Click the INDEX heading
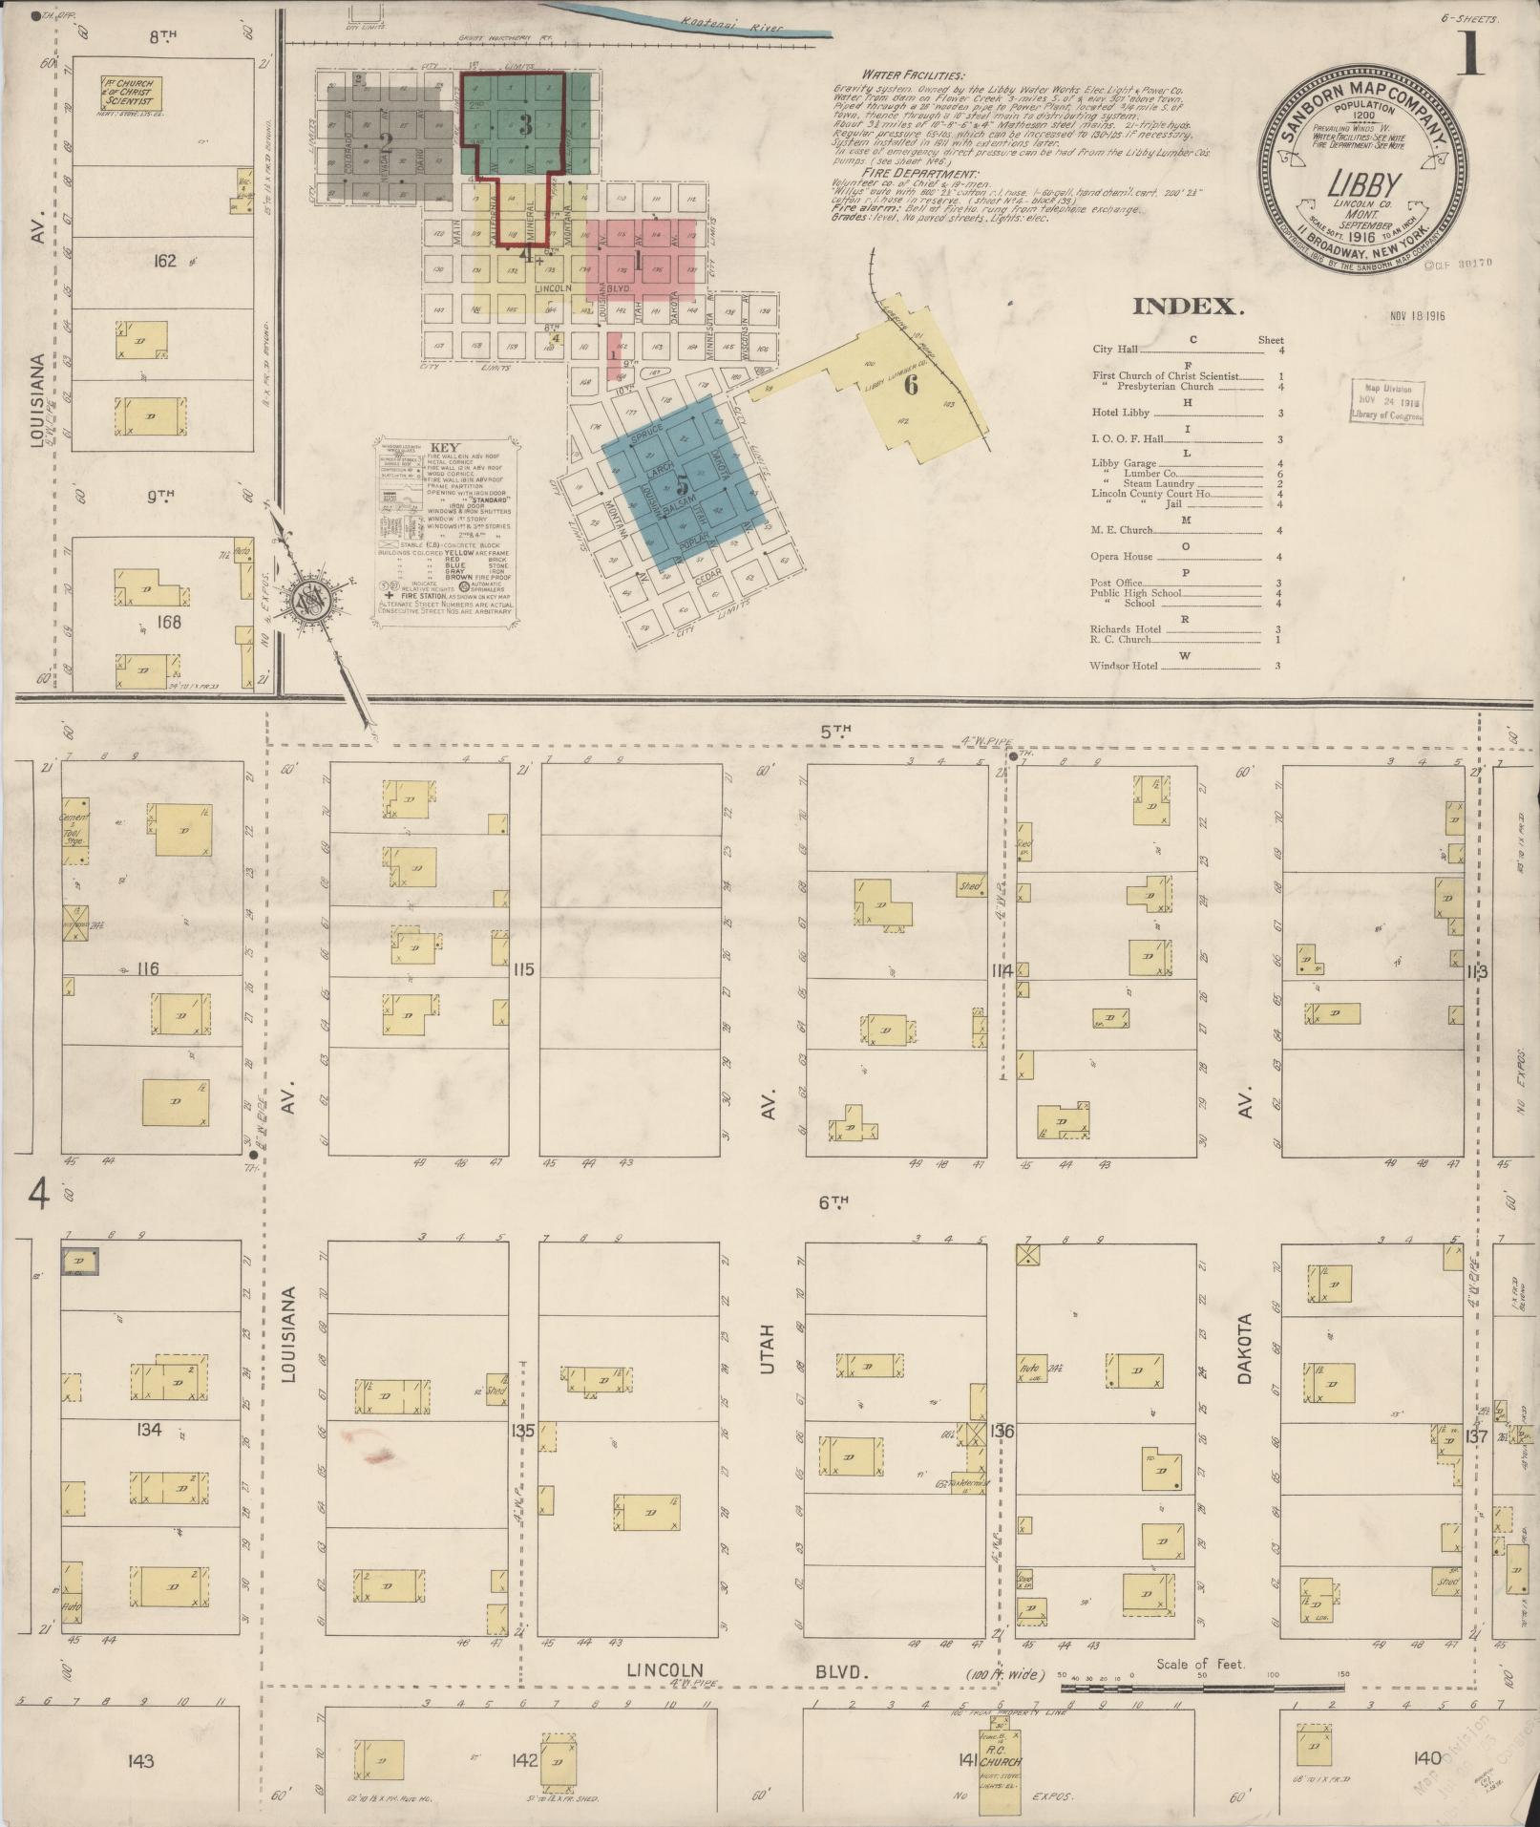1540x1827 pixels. pyautogui.click(x=1189, y=307)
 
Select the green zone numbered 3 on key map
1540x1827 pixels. pyautogui.click(x=524, y=124)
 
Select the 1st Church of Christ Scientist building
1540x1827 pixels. pyautogui.click(x=131, y=93)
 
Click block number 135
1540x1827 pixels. pyautogui.click(x=522, y=1431)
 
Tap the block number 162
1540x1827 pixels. pyautogui.click(x=165, y=260)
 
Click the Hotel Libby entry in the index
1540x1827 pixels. pyautogui.click(x=1122, y=414)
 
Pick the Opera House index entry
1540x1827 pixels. pyautogui.click(x=1122, y=556)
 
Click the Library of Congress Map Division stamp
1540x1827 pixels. pyautogui.click(x=1386, y=401)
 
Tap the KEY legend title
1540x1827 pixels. pyautogui.click(x=441, y=447)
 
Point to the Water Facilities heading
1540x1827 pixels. pyautogui.click(x=912, y=74)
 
